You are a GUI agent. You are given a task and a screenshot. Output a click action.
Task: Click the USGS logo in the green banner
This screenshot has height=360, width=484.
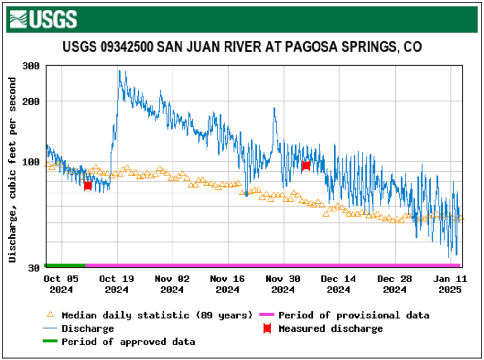(43, 19)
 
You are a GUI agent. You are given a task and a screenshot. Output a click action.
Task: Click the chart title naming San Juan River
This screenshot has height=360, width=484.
(242, 47)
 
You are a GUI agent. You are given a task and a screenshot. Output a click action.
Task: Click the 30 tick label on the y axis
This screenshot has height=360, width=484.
(34, 268)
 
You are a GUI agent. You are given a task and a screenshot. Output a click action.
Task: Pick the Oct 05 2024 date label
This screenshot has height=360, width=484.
(61, 284)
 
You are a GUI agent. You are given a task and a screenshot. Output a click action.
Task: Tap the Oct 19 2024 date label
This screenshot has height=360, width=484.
(116, 284)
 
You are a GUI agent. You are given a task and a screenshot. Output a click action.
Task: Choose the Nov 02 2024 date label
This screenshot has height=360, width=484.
(172, 284)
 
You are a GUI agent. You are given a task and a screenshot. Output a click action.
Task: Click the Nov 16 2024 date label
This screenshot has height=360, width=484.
(227, 284)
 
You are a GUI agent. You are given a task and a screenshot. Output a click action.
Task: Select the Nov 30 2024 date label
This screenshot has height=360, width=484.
(283, 284)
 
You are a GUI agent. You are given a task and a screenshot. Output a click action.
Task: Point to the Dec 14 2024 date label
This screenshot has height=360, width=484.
(338, 284)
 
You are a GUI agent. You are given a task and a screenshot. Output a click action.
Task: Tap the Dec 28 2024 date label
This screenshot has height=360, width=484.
(394, 284)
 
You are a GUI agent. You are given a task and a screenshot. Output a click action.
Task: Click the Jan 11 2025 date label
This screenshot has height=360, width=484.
(449, 284)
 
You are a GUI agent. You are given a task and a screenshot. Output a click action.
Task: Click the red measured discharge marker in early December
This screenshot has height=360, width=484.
(306, 165)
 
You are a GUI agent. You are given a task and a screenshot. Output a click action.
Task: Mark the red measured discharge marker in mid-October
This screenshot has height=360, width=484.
(87, 185)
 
